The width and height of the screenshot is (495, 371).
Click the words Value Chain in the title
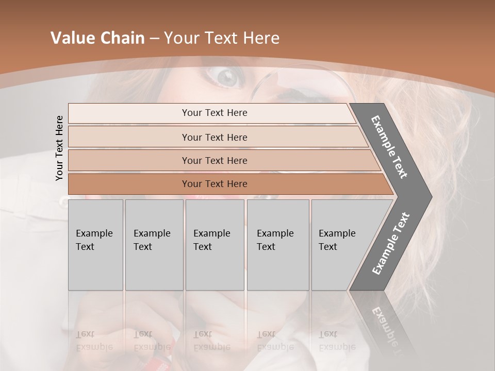[x=97, y=38]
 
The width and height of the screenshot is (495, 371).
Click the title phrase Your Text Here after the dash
[x=222, y=38]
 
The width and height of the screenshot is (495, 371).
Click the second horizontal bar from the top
[x=214, y=137]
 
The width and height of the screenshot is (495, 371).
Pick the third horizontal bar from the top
[x=214, y=160]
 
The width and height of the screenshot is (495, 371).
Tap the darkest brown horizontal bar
[x=214, y=184]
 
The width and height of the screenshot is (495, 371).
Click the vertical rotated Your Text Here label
[x=59, y=148]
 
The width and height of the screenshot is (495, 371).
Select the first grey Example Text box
[x=95, y=245]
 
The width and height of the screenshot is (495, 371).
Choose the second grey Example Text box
[x=154, y=245]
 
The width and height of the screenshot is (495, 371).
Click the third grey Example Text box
[x=214, y=245]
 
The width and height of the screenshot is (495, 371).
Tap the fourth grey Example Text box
[x=277, y=245]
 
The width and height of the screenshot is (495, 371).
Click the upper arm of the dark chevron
[x=390, y=147]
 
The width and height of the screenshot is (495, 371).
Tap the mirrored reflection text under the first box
[x=94, y=341]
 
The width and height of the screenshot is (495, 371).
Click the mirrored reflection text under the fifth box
[x=337, y=341]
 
